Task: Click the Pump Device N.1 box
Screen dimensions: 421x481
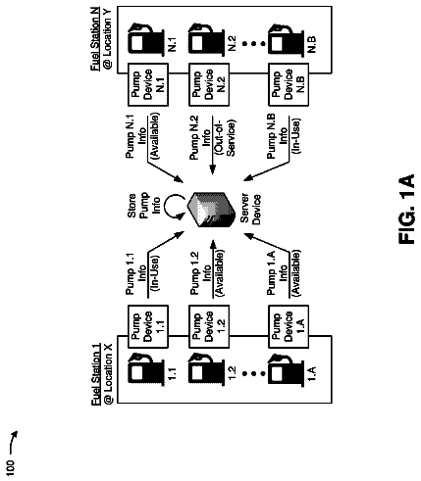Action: pos(148,84)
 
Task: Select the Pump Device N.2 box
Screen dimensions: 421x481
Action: pos(209,84)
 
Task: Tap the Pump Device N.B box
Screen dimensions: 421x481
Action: pos(289,84)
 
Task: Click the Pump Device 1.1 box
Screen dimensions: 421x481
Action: pos(148,326)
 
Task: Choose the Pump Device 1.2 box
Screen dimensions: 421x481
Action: pos(209,326)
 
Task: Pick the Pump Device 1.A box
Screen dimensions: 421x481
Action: pos(289,326)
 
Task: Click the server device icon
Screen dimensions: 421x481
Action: pos(211,209)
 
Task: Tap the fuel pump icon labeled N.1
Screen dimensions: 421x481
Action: pos(146,39)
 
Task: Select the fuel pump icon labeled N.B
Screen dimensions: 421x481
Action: pos(286,39)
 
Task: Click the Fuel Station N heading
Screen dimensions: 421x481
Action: pos(95,38)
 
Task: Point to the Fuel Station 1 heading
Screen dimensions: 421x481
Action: pos(95,373)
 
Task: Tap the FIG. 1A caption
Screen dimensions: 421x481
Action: pos(406,209)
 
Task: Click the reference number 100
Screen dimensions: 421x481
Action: pos(11,468)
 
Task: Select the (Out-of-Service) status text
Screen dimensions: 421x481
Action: pos(225,136)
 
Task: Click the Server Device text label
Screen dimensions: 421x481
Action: pos(250,209)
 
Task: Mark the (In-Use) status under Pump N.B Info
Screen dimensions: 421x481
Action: pos(295,135)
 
